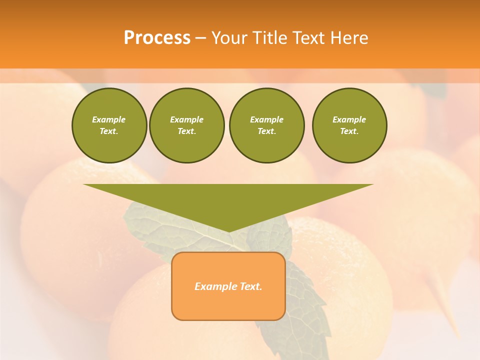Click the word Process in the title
click(157, 38)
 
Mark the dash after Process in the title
click(200, 38)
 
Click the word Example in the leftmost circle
click(109, 119)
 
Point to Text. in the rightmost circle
click(349, 131)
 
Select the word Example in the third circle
click(266, 119)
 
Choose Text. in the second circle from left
click(186, 131)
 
